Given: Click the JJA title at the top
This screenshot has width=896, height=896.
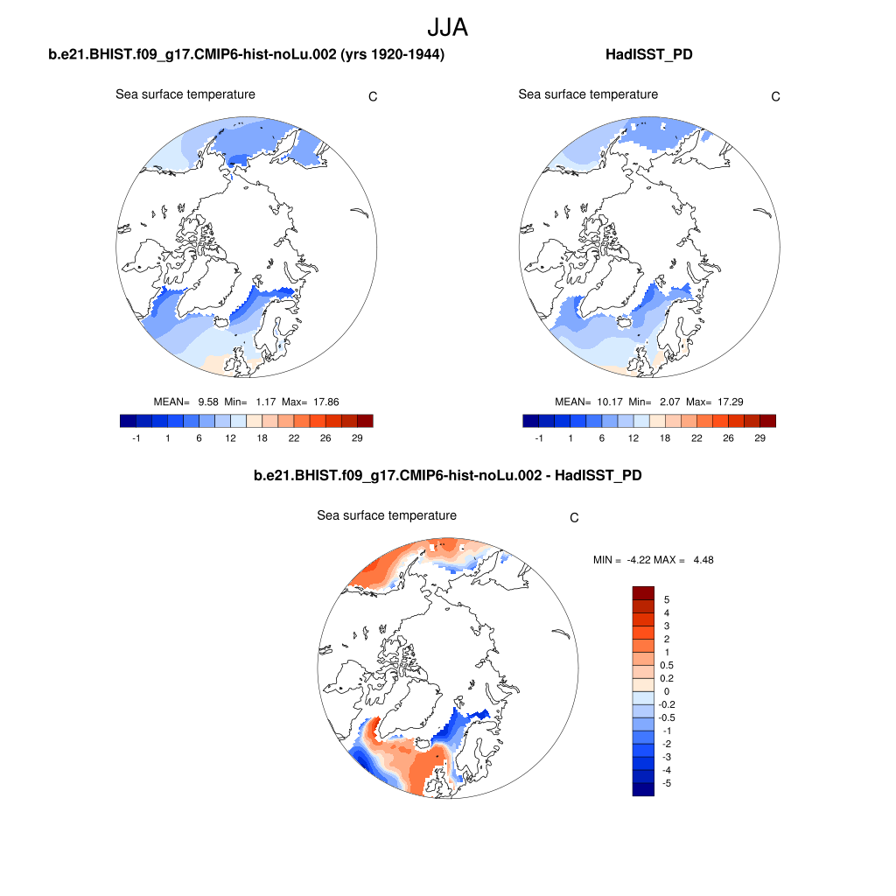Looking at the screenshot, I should coord(447,27).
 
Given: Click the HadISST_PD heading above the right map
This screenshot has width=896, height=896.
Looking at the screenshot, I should coord(648,55).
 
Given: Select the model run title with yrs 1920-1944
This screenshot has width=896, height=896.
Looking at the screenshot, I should coord(247,55).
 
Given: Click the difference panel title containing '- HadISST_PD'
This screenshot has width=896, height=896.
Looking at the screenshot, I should coord(447,475).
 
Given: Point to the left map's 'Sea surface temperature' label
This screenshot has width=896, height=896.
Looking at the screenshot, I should coord(185,94).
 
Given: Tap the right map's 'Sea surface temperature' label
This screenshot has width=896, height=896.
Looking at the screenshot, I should coord(588,94).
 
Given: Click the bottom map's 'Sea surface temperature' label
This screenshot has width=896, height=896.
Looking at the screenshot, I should coord(387,515).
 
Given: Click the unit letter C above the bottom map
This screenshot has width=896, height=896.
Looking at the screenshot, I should coord(574,518).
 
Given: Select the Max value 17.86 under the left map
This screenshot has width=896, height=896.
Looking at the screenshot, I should coord(324,402).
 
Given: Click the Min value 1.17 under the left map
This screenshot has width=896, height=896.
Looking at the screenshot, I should coord(266,402).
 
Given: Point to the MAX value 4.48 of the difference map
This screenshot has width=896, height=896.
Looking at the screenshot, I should coord(703,560).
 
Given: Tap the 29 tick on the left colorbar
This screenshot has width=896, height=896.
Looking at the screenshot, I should coord(358,438).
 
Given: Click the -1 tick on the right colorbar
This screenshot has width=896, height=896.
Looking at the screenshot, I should coord(538,438).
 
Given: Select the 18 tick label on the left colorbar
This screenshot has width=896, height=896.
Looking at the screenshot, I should coord(262,438).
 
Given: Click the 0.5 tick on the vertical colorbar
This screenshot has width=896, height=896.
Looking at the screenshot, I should coord(666,665).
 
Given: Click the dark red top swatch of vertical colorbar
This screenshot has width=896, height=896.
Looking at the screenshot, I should coord(643,592).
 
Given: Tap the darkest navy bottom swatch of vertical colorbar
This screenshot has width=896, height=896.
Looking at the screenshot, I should coord(643,789).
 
